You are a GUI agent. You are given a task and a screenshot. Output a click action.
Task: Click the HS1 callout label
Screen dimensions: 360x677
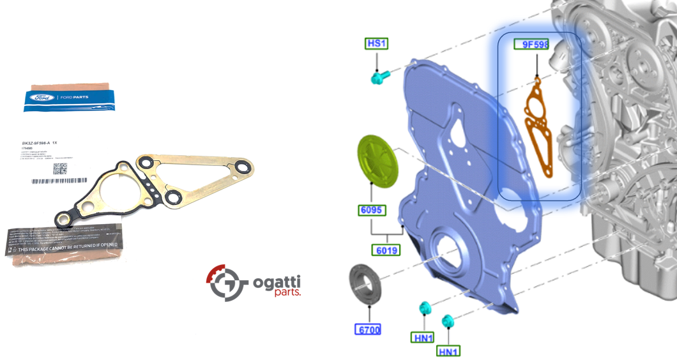click(x=377, y=43)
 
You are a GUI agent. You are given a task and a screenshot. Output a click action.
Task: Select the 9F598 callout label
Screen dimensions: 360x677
click(x=531, y=45)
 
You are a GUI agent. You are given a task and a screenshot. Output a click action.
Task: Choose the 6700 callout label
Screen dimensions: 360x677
click(x=368, y=329)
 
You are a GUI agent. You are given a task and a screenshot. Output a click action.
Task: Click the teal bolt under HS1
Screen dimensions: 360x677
click(x=379, y=78)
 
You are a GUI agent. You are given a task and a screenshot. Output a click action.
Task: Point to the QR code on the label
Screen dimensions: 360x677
click(x=60, y=169)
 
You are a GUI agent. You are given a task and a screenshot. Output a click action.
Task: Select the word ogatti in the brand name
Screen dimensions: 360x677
click(x=277, y=281)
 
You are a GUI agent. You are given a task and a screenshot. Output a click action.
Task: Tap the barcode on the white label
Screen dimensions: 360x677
click(x=57, y=181)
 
